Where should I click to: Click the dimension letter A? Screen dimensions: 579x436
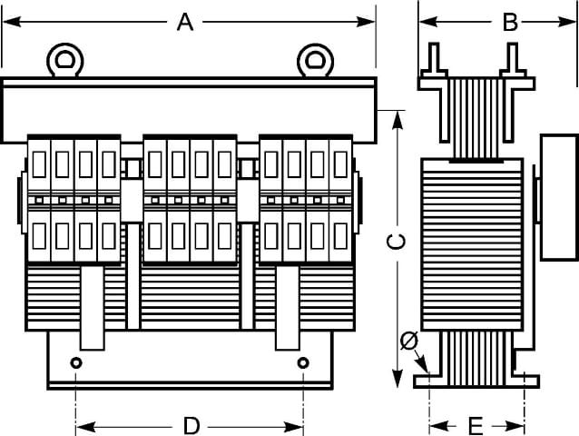(185, 22)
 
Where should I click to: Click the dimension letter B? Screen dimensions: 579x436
(511, 22)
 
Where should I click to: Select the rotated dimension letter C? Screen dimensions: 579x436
(396, 242)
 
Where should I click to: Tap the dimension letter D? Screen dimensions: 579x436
(191, 426)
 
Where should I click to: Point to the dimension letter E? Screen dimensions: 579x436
(476, 426)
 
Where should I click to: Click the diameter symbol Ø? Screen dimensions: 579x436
(409, 341)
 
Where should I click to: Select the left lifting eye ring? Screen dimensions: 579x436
(65, 60)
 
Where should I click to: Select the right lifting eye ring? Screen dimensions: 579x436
(315, 60)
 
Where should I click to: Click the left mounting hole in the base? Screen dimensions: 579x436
(76, 362)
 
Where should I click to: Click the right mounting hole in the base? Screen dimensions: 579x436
(303, 362)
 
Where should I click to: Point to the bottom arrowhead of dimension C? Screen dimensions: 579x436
(397, 379)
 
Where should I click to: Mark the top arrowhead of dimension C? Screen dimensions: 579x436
(397, 121)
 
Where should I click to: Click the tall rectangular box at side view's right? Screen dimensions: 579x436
(559, 198)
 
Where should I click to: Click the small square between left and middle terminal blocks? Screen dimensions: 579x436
(132, 168)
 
